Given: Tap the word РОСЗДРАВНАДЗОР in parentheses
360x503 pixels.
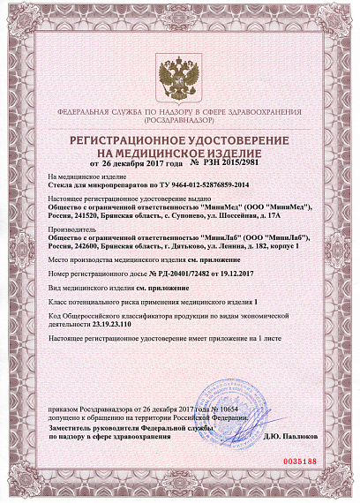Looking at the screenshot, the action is tap(179, 121).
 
